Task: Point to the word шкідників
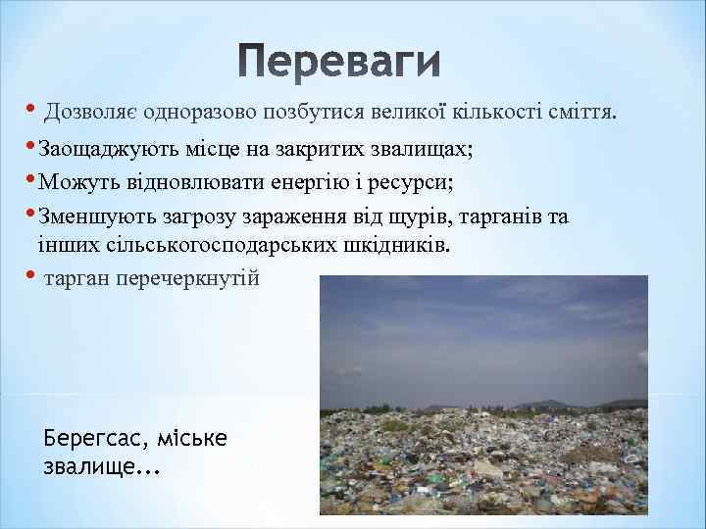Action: tap(397, 245)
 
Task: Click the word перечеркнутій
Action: tap(187, 279)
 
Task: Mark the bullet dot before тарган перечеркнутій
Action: tap(32, 274)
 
